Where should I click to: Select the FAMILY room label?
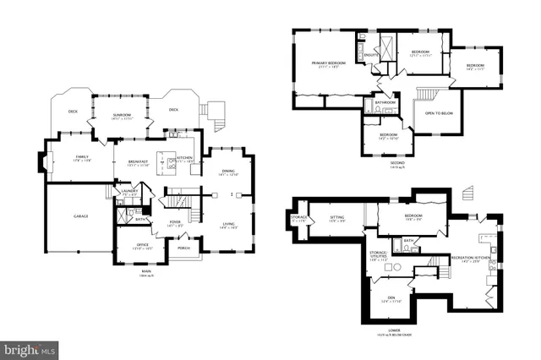click(82, 157)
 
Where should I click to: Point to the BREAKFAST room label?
click(139, 161)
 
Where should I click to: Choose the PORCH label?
click(182, 248)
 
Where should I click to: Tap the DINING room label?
click(228, 172)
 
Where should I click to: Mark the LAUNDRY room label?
click(129, 192)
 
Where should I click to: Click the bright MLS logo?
click(30, 347)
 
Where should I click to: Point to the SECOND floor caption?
click(396, 163)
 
